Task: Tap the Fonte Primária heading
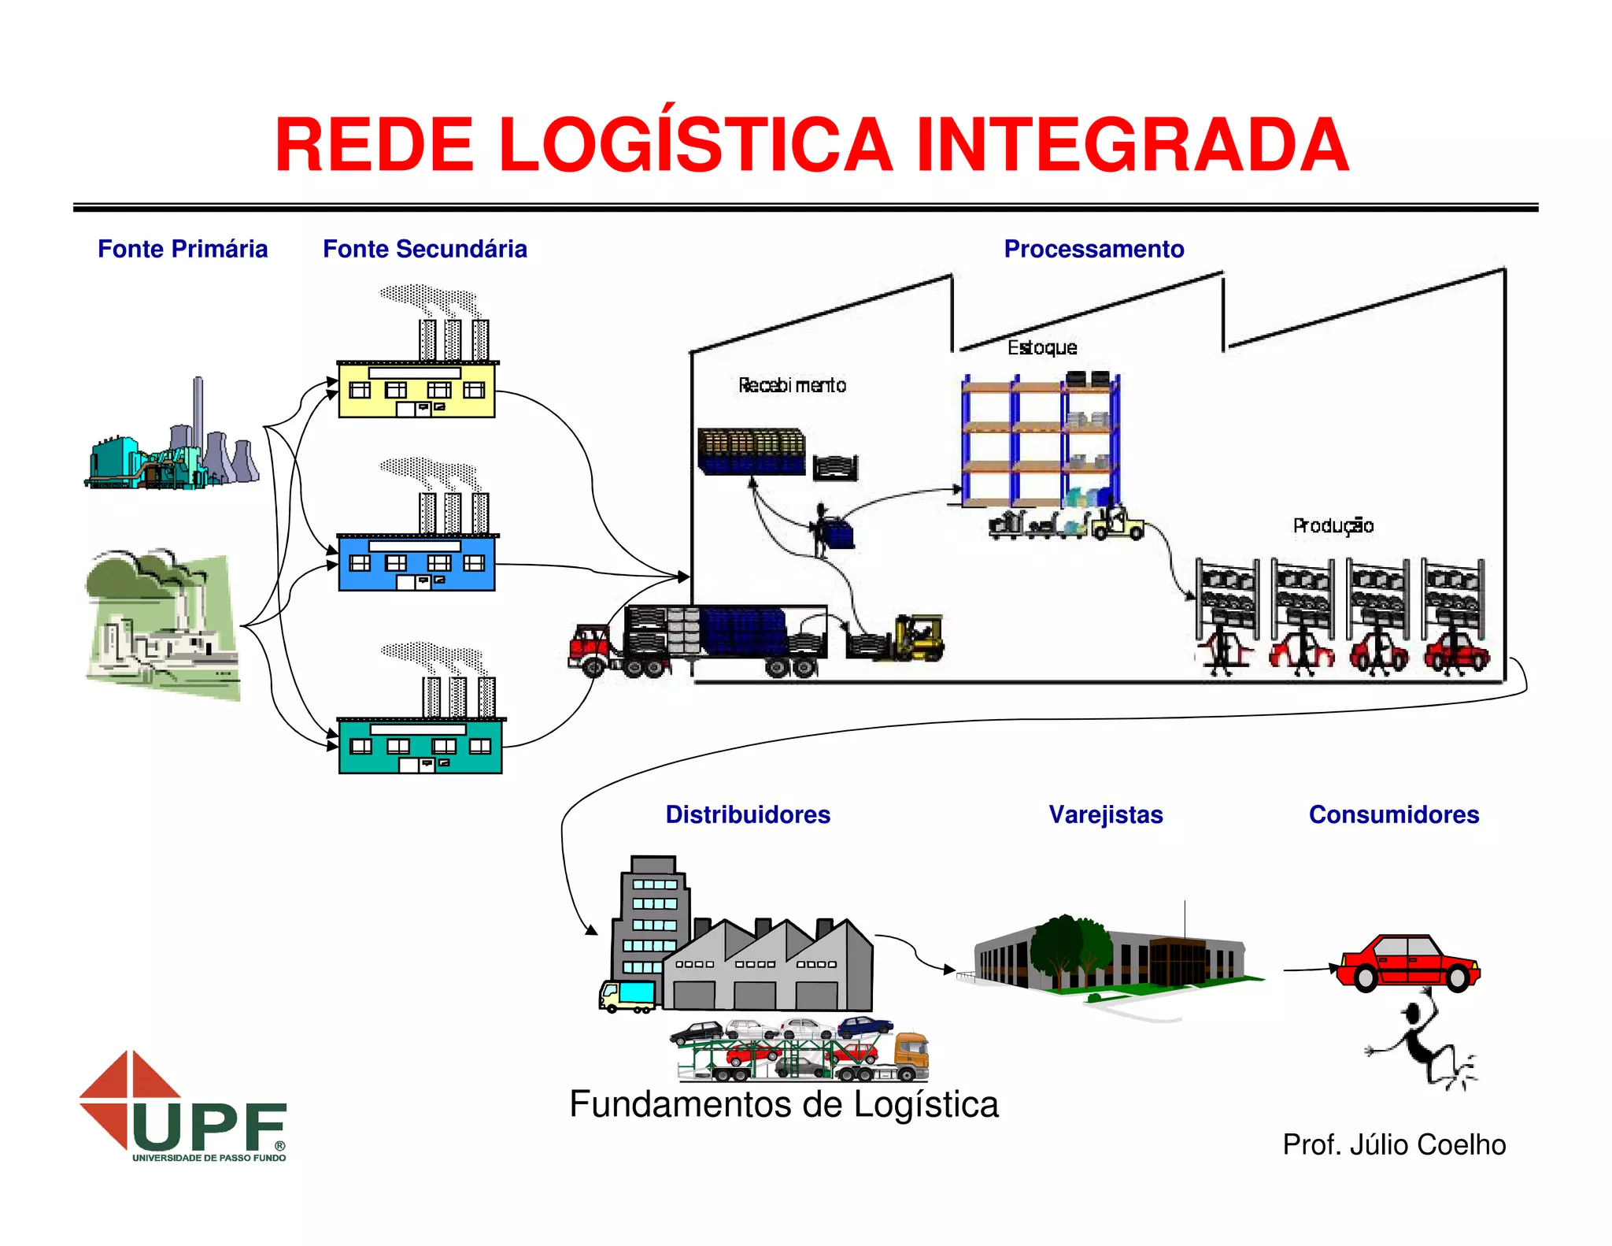pyautogui.click(x=183, y=249)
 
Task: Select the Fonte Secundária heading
pyautogui.click(x=424, y=249)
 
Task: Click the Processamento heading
pyautogui.click(x=1093, y=249)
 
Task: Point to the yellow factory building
pyautogui.click(x=416, y=390)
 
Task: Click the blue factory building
pyautogui.click(x=416, y=562)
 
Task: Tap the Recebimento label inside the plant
pyautogui.click(x=792, y=385)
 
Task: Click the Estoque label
pyautogui.click(x=1041, y=347)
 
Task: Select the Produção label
pyautogui.click(x=1333, y=525)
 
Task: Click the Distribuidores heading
pyautogui.click(x=747, y=814)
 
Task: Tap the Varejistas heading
pyautogui.click(x=1105, y=814)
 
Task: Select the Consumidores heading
pyautogui.click(x=1393, y=814)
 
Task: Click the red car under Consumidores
pyautogui.click(x=1408, y=962)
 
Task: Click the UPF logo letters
pyautogui.click(x=209, y=1126)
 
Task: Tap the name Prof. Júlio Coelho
pyautogui.click(x=1393, y=1144)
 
